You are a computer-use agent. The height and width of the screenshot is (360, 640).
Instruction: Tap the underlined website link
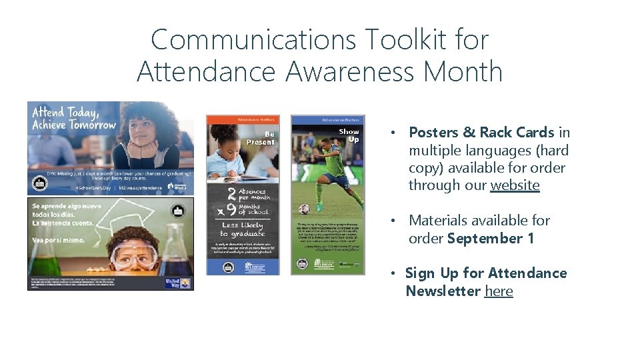pos(515,185)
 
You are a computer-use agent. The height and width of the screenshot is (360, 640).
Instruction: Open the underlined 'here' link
pos(499,291)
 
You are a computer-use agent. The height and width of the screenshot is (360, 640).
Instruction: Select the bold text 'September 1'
pos(491,238)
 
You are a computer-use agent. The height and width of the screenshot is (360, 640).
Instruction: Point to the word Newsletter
pos(443,291)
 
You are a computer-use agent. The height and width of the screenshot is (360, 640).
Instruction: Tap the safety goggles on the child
pos(134,254)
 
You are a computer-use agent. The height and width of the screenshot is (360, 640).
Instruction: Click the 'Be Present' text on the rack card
pos(261,137)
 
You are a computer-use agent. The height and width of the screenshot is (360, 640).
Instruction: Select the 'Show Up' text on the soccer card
pos(349,135)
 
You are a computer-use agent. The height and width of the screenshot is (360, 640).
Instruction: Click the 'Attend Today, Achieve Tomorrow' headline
pos(73,119)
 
